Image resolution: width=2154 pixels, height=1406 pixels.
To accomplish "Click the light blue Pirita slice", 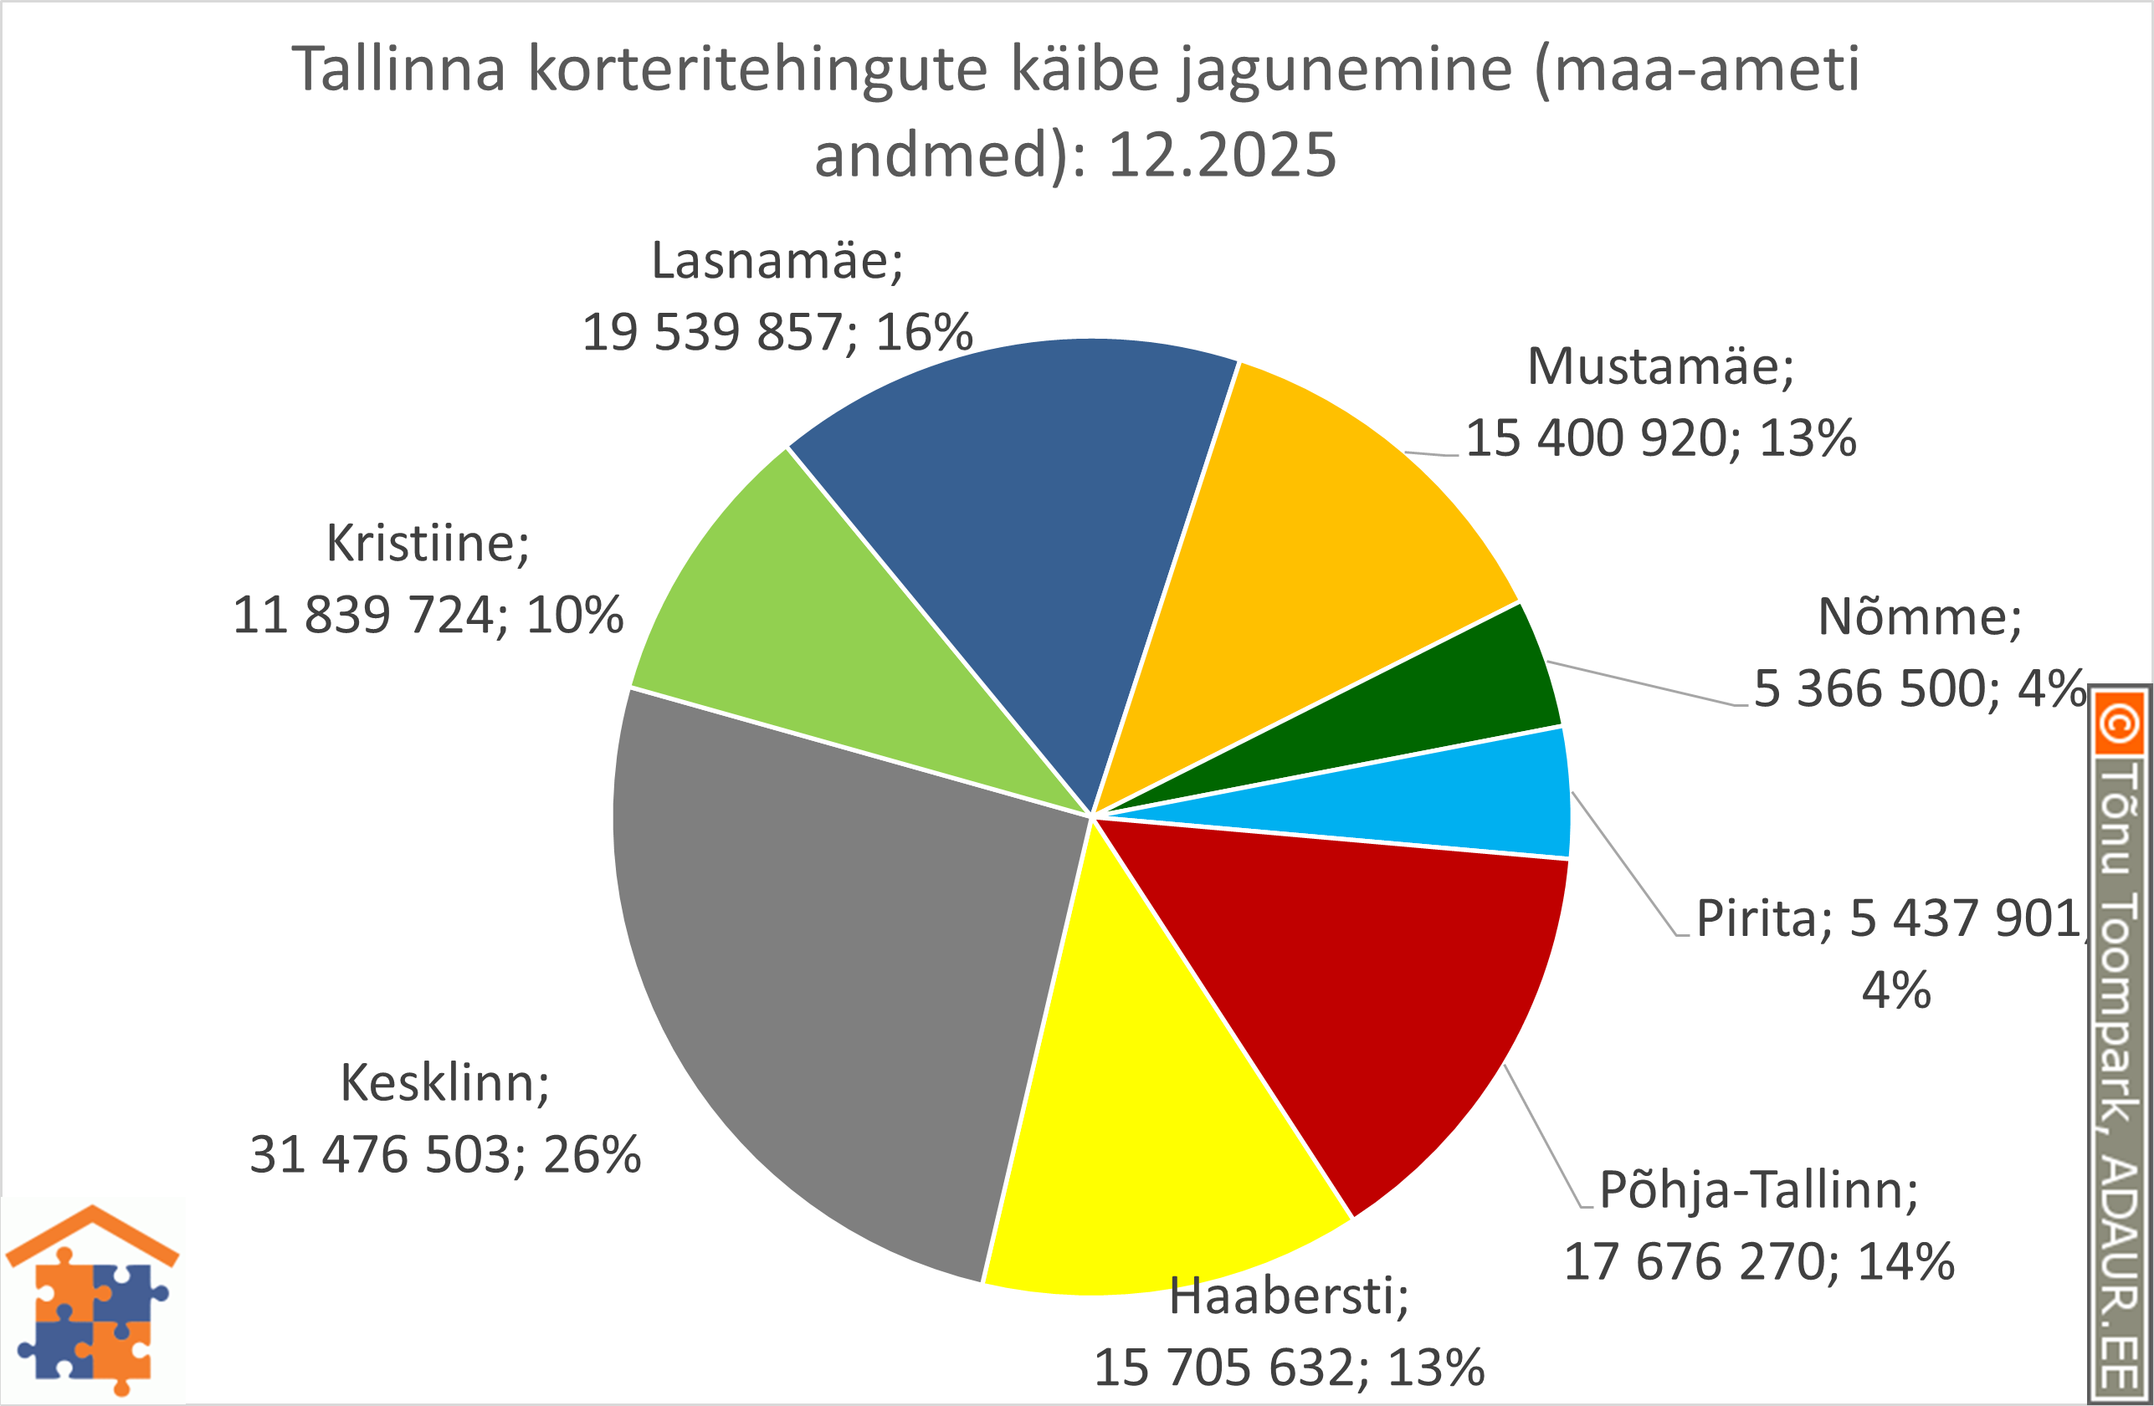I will pos(1448,805).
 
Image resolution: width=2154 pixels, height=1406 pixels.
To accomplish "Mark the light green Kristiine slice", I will pos(797,652).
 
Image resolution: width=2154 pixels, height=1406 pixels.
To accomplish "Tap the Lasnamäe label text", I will pos(777,262).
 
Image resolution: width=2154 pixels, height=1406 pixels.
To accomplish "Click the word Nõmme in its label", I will pos(1919,618).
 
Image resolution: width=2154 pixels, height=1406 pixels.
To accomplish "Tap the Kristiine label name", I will pos(427,544).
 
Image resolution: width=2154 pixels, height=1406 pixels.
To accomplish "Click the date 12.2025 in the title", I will pos(1222,155).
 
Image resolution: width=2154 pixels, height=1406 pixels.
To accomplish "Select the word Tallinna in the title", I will pos(398,69).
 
